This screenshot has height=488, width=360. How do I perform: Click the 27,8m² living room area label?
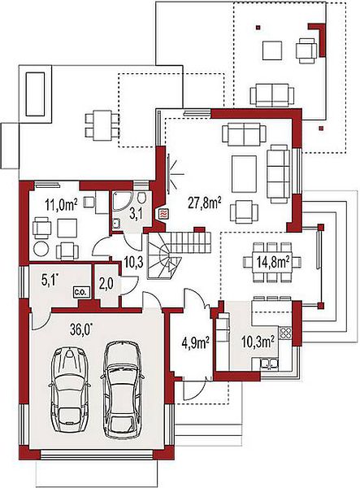205,203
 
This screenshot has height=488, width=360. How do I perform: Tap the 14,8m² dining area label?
272,263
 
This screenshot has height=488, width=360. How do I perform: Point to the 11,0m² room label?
61,205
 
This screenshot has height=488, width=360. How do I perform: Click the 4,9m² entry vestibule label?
195,343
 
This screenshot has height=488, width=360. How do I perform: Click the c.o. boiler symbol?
81,292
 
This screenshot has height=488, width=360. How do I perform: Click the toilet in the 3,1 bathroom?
141,198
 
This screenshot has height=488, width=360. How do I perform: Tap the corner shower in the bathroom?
122,202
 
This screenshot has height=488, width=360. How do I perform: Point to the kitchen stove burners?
285,333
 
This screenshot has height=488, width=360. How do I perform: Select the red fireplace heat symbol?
163,214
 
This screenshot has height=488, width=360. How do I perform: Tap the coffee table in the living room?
244,174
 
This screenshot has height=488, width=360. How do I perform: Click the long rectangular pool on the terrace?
35,94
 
